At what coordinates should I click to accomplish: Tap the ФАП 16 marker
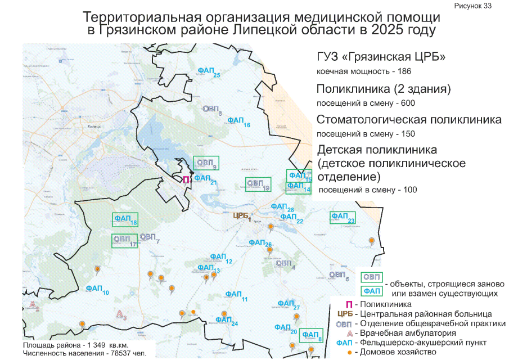[239, 121]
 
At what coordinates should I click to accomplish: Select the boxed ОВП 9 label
[205, 163]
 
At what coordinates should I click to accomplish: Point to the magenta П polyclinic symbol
[186, 180]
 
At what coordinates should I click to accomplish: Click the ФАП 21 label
[204, 179]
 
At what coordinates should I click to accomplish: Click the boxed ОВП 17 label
[124, 240]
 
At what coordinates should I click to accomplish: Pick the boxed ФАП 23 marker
[342, 217]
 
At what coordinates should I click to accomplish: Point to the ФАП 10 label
[97, 289]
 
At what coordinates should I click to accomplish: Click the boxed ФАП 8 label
[312, 335]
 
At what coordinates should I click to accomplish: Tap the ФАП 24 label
[226, 321]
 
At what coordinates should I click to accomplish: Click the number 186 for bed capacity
[404, 72]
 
